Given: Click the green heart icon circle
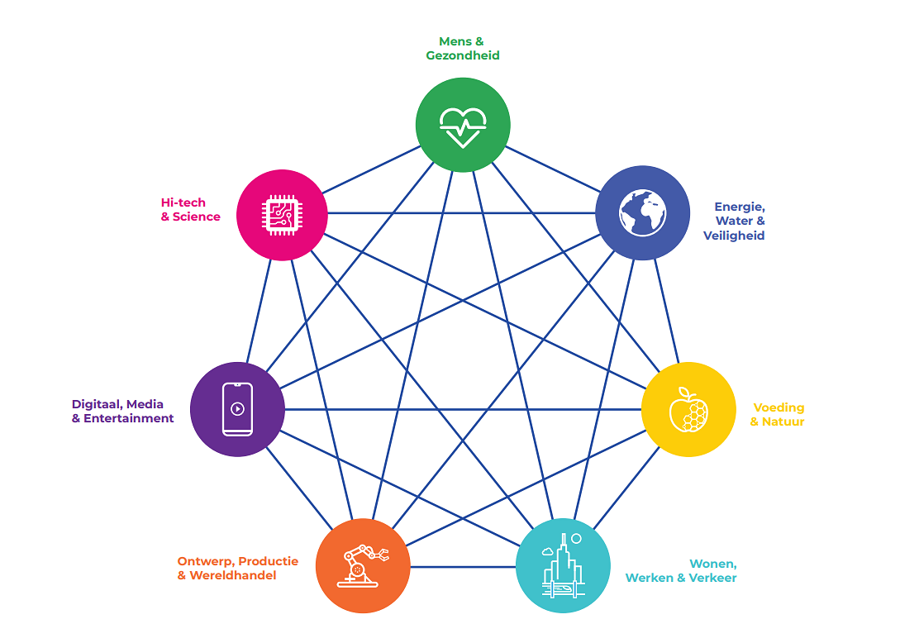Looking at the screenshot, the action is click(x=463, y=125).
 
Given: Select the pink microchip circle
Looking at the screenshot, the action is click(x=282, y=215).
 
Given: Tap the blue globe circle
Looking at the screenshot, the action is click(x=642, y=213).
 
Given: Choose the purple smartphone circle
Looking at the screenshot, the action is click(x=237, y=409).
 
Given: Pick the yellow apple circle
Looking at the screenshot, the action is click(x=688, y=409).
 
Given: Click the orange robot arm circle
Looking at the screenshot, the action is click(x=363, y=566).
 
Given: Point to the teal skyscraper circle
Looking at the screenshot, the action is click(x=563, y=566).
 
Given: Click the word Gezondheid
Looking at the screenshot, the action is click(x=463, y=55).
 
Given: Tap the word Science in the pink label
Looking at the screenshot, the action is click(x=197, y=217).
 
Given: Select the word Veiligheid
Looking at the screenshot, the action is click(x=734, y=236).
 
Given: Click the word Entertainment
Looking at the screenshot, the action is click(x=129, y=418).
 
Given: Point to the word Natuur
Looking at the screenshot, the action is click(x=783, y=422).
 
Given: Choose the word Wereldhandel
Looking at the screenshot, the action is click(x=233, y=575).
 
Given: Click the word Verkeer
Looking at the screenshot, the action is click(x=713, y=579).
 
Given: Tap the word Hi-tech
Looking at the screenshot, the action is click(x=183, y=202).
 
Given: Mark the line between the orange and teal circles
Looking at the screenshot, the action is click(x=463, y=567).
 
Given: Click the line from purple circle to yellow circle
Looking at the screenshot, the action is click(x=463, y=409).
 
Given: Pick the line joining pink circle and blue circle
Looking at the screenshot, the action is click(x=462, y=213).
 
